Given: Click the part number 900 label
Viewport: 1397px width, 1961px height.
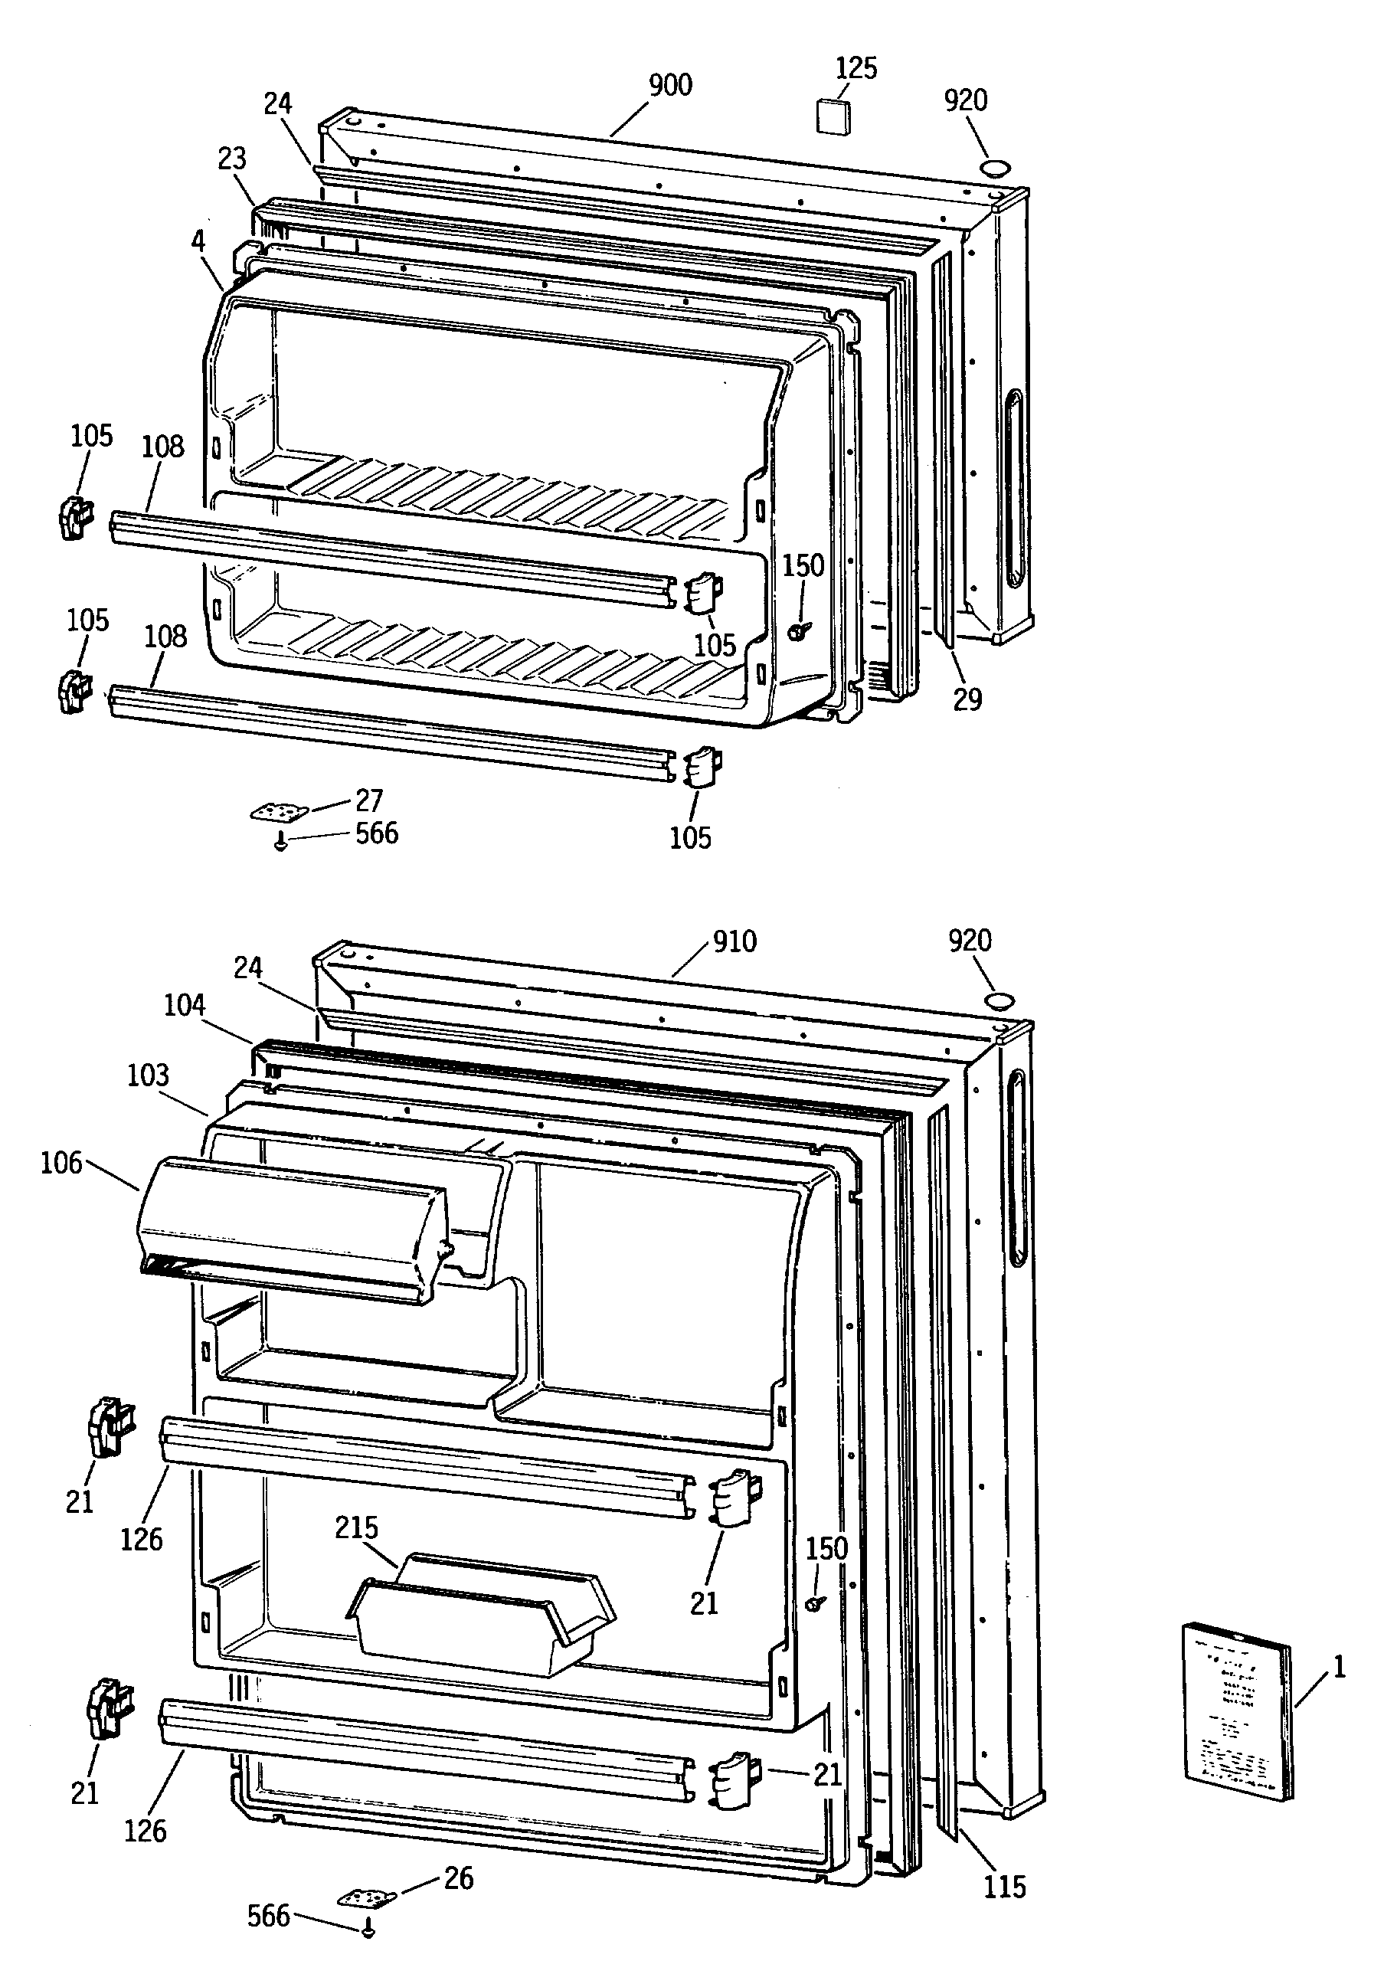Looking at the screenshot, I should pos(670,85).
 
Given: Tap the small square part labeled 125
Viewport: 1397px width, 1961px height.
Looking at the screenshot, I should pos(832,116).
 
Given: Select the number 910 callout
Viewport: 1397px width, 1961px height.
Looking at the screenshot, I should pos(734,941).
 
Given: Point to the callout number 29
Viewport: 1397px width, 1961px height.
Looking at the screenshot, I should pos(967,699).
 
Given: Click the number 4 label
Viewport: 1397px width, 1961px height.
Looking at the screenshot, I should pos(198,242).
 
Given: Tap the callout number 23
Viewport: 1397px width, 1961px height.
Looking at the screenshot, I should pos(231,159).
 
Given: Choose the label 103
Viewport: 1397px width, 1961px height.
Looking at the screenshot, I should pos(148,1075).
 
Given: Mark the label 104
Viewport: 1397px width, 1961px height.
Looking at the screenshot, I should pos(184,1004).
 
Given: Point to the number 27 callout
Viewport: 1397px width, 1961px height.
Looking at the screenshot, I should pos(369,800).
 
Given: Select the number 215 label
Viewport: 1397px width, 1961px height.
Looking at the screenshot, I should pos(356,1527).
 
